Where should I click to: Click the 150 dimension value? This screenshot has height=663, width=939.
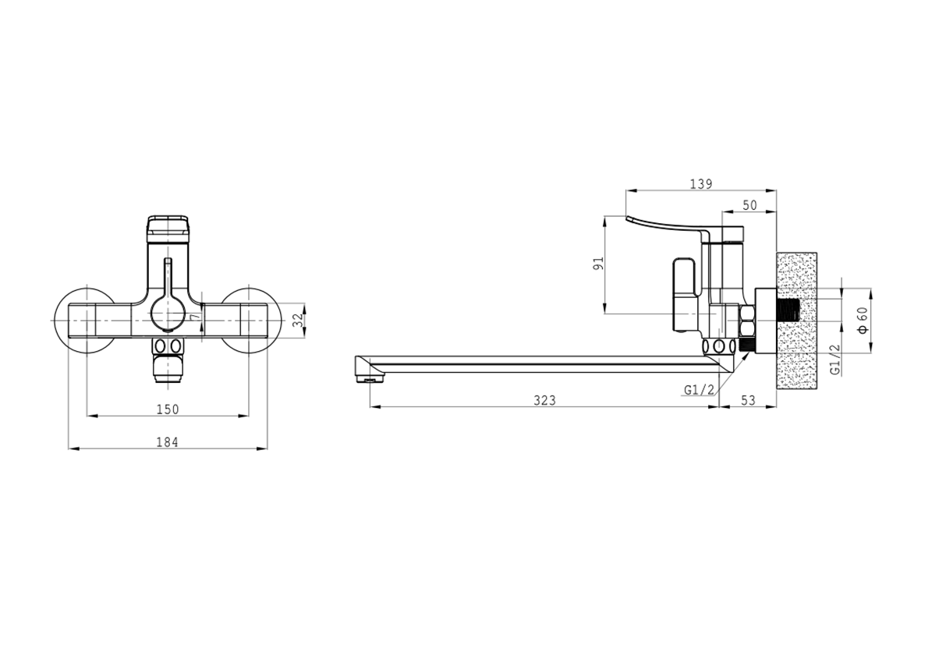point(168,409)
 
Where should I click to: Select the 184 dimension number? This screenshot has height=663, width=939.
point(167,442)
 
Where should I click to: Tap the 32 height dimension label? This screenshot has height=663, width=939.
point(297,321)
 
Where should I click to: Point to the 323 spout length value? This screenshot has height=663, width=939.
point(544,400)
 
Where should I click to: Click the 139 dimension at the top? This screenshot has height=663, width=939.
point(701,184)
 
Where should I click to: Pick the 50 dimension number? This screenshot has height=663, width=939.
point(750,205)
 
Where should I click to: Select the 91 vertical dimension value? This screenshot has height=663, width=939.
point(599,264)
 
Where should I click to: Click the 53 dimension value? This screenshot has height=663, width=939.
point(748,400)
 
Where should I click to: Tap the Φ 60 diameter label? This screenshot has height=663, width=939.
point(863,321)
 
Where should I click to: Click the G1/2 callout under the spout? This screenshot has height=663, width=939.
point(699,390)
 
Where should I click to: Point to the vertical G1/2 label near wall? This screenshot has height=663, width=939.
point(835,360)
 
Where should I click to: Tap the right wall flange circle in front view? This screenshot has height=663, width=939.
point(250,321)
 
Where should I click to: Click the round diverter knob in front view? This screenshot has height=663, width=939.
point(168,314)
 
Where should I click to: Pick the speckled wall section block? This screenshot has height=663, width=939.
point(796,321)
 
